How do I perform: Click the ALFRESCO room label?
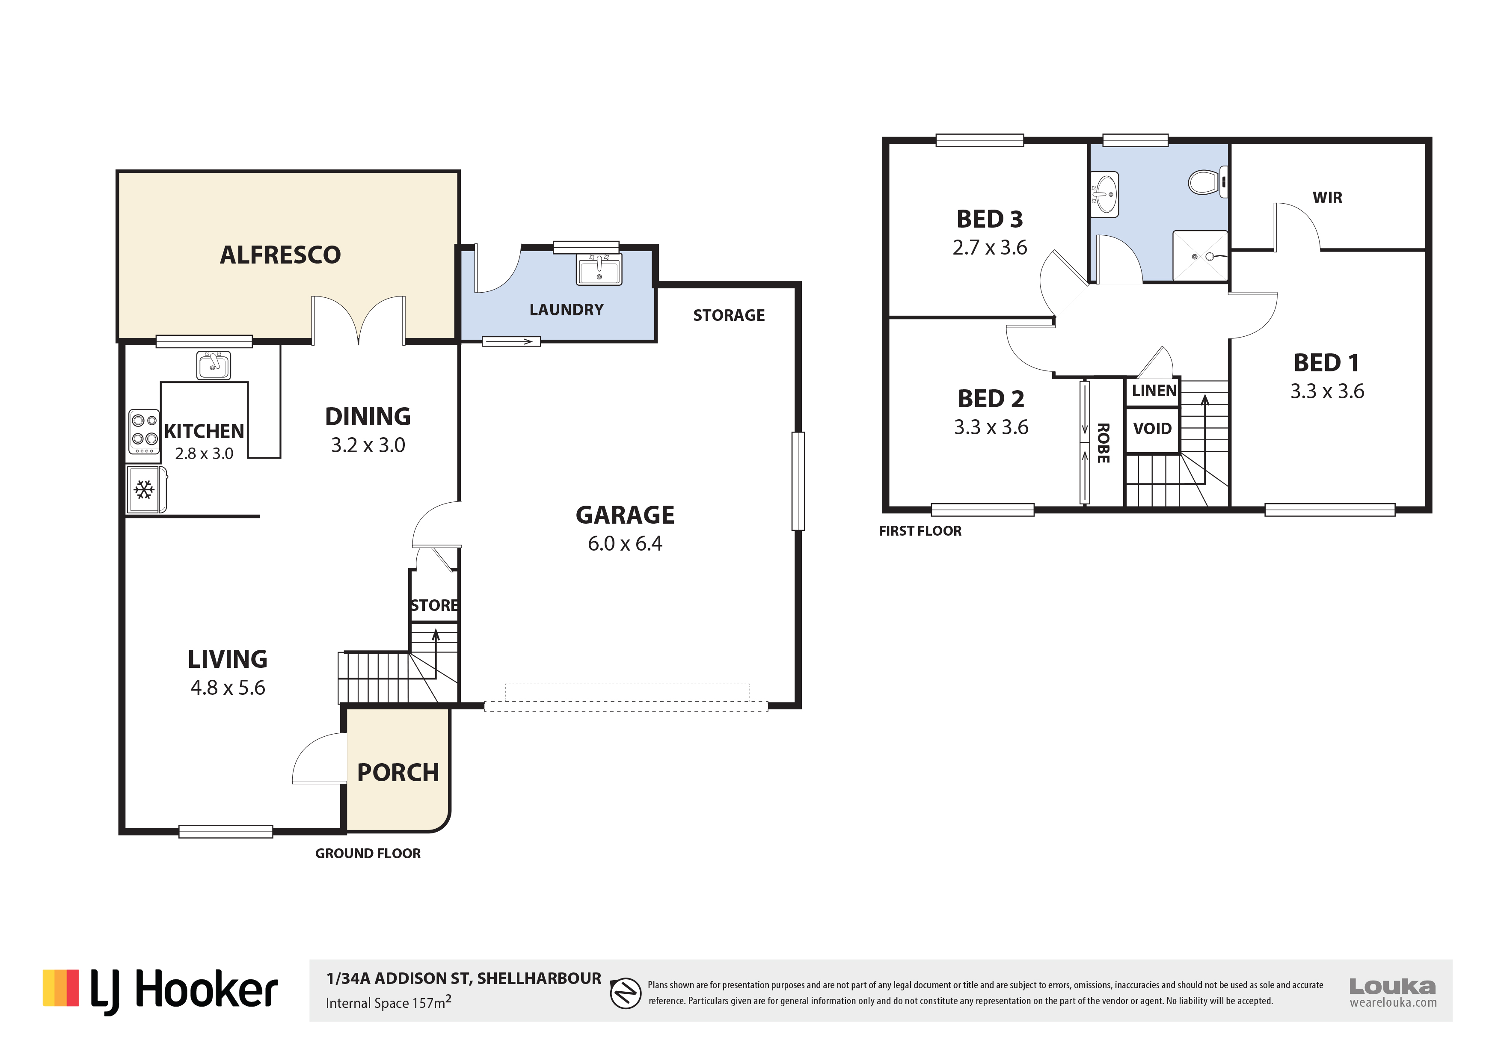280,255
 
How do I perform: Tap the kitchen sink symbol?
213,365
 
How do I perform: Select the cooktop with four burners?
144,432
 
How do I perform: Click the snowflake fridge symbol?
145,489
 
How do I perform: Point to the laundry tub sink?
599,270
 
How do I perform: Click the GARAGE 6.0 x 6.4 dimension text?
625,543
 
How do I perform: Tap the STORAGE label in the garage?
729,316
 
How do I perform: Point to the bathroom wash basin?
1105,194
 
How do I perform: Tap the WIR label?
1327,198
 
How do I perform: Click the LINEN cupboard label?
1154,391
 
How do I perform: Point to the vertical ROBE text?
1104,443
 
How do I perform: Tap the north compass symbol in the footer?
626,994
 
